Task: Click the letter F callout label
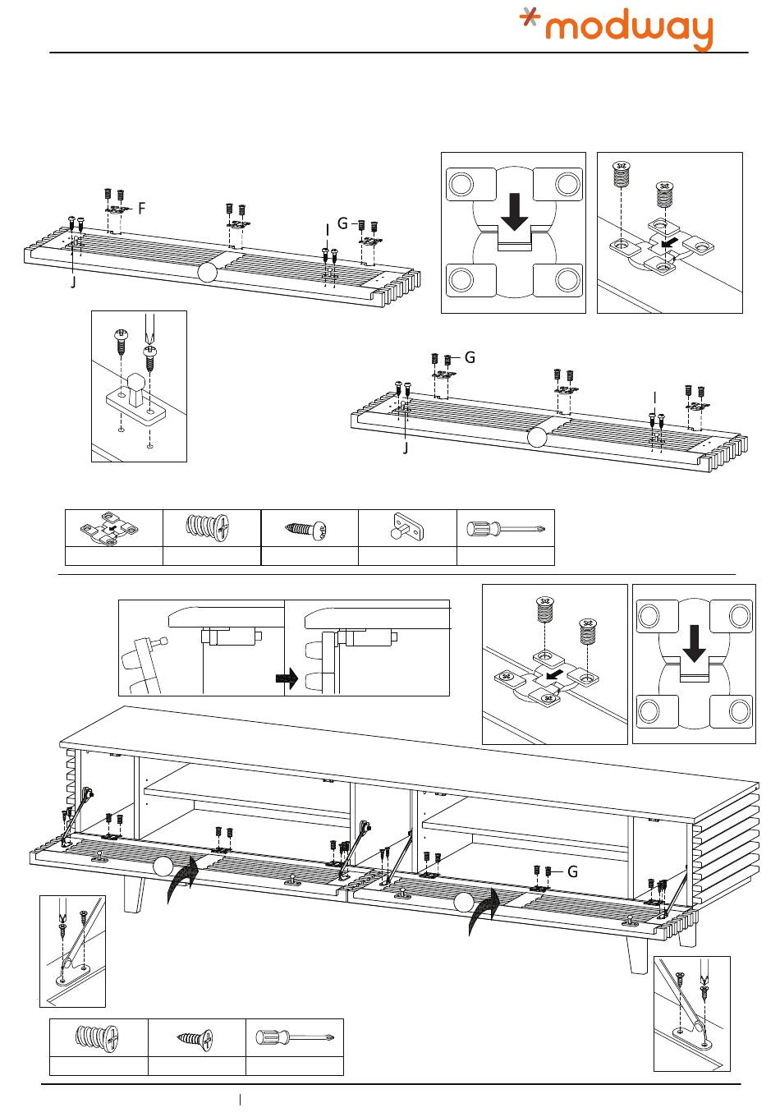coord(142,209)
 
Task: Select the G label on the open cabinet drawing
coord(573,871)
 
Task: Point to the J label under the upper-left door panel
coord(73,283)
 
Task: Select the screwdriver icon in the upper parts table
coord(504,528)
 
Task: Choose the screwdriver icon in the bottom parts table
coord(294,1038)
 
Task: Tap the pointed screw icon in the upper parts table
coord(309,528)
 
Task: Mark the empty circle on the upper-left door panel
coord(209,274)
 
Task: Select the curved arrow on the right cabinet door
coord(486,912)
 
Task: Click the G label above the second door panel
coord(470,357)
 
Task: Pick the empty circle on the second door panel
coord(536,438)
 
